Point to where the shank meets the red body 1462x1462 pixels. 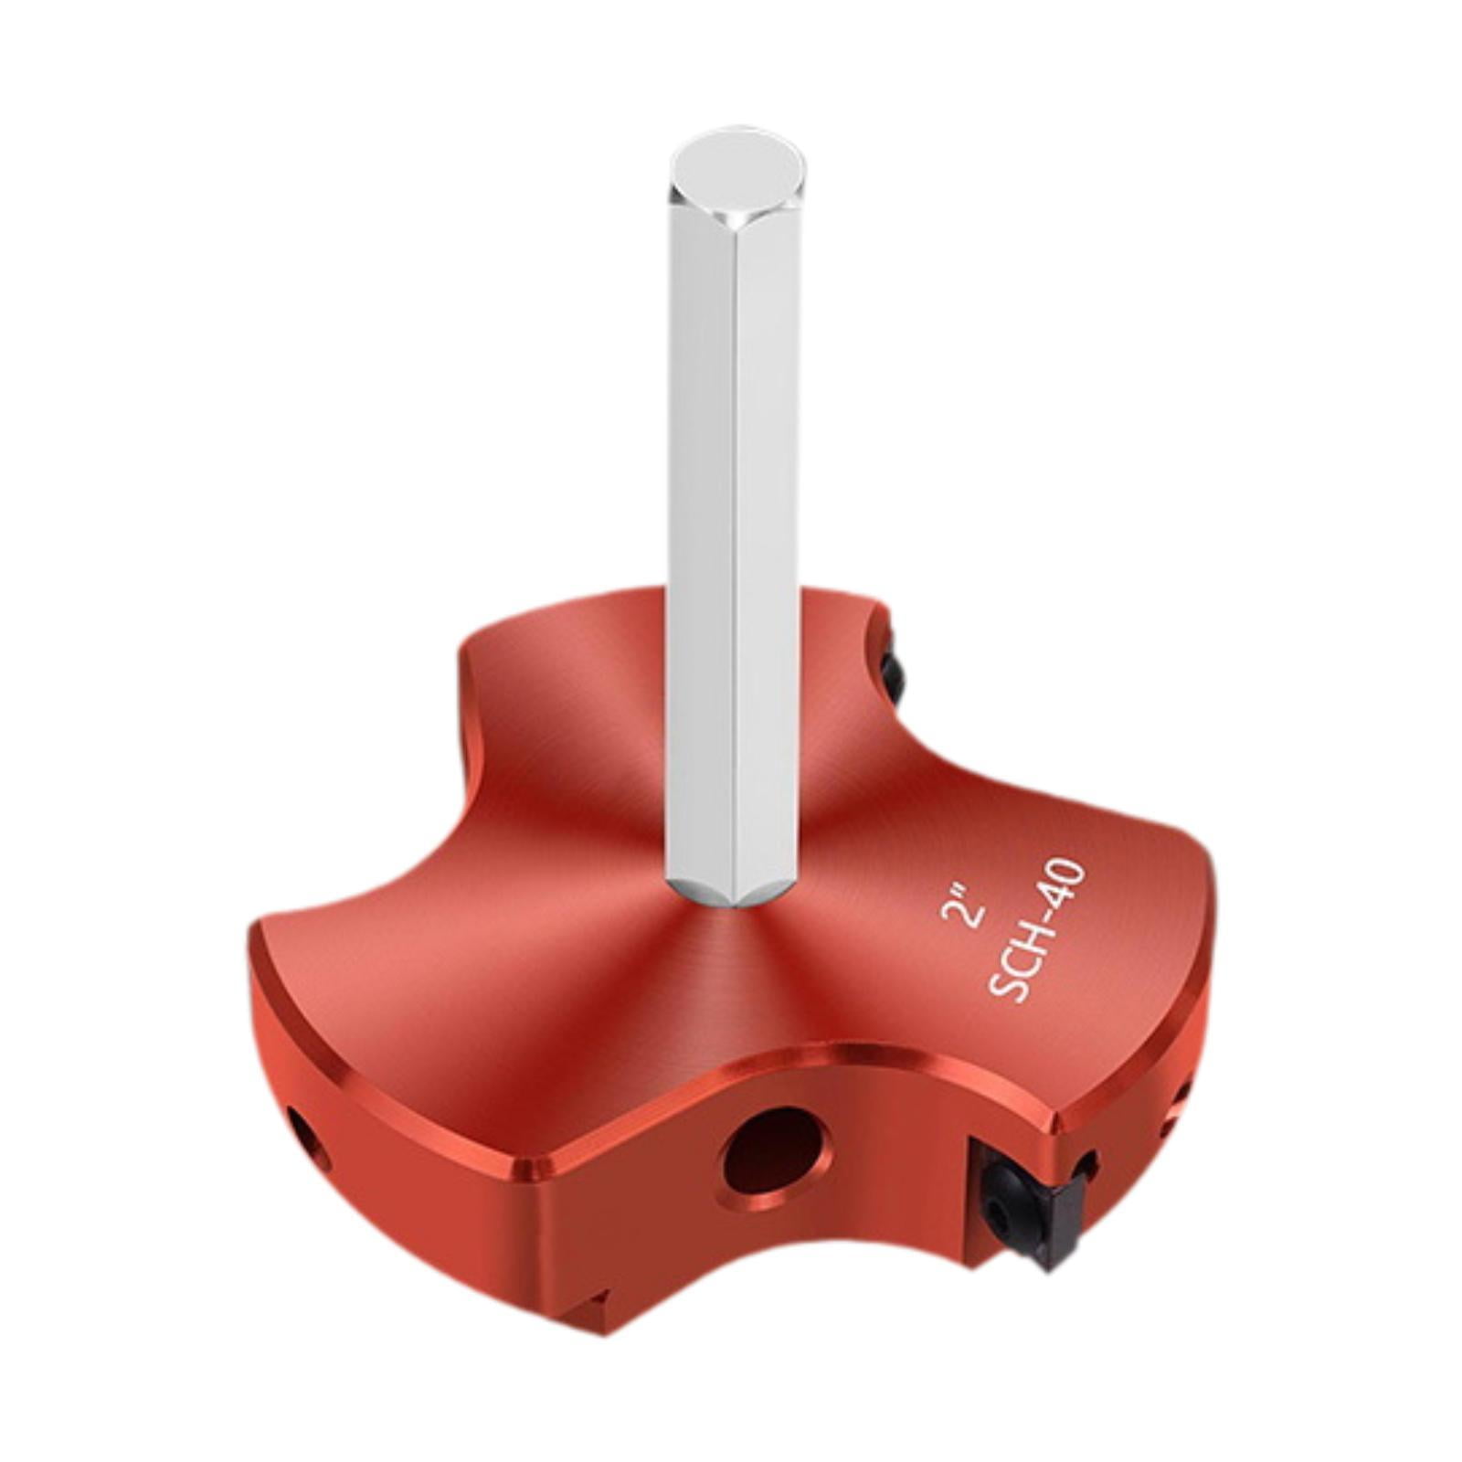tap(731, 900)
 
